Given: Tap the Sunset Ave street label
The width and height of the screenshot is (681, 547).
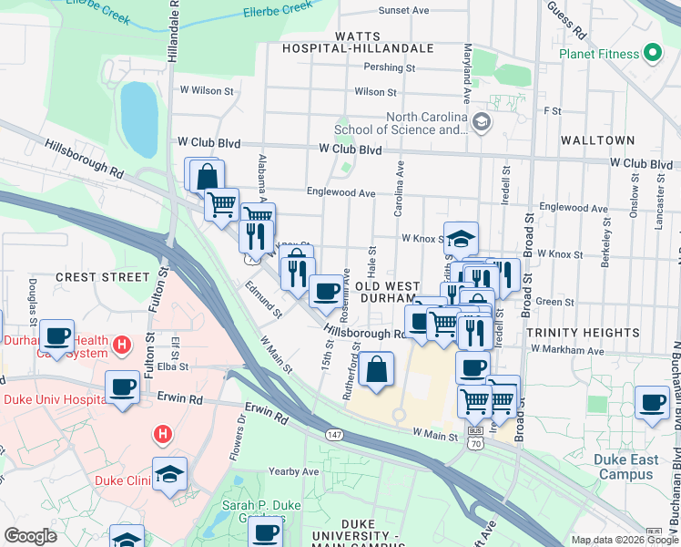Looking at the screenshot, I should pos(403,11).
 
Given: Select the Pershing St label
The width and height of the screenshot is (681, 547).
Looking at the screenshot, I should pos(390,67).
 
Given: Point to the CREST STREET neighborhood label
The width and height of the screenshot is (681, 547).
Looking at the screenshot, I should pos(102,276).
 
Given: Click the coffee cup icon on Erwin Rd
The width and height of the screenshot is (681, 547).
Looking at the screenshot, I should pos(123,386).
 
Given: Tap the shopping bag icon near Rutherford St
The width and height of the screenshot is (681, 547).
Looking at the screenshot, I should pos(376,369).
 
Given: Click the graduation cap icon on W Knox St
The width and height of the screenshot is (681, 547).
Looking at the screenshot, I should pos(461,238).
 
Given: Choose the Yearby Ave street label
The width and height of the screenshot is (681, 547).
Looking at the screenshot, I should pos(294,471).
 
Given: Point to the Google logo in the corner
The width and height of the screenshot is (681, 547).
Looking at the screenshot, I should pos(30,536).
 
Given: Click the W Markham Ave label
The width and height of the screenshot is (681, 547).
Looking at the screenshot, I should pos(568,350).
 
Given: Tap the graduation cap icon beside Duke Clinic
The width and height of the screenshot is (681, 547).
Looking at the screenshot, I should pos(170,474).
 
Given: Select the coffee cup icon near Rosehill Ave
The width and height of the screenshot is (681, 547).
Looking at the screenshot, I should pos(327,291).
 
